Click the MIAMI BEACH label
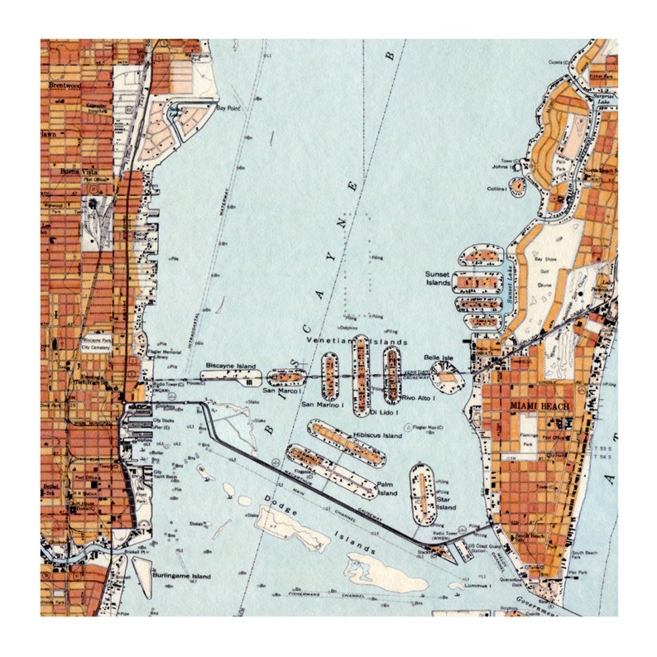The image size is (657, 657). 536,406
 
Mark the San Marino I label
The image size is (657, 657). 319,404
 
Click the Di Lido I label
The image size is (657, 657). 385,411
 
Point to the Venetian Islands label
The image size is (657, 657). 345,341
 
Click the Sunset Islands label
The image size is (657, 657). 438,278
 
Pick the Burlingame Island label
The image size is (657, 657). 181,577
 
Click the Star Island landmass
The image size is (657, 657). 422,493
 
